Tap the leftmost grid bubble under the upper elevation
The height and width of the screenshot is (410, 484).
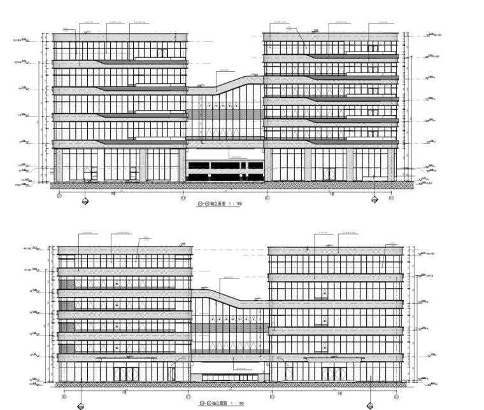tap(59, 197)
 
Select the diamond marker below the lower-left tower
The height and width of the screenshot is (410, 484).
tap(82, 405)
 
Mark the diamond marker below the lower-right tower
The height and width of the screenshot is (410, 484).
tap(369, 405)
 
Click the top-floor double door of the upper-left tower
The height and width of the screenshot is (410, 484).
tap(163, 53)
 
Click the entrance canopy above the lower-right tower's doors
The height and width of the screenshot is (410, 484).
tap(332, 359)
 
